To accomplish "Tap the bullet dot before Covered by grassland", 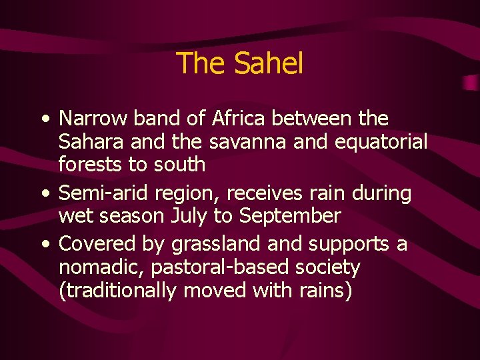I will point(44,245).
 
